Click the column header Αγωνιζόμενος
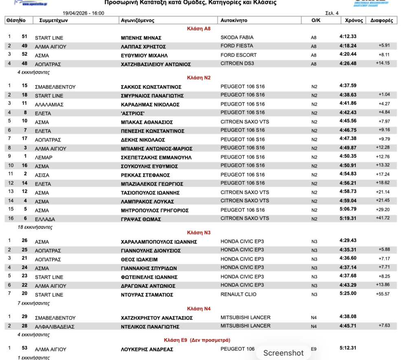pyautogui.click(x=138, y=20)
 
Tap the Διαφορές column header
pyautogui.click(x=382, y=20)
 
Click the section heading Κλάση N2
pyautogui.click(x=199, y=77)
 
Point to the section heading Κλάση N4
pyautogui.click(x=199, y=309)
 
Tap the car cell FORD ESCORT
pyautogui.click(x=239, y=55)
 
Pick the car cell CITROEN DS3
pyautogui.click(x=239, y=64)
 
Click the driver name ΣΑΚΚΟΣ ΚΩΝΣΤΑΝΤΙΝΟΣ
pyautogui.click(x=151, y=87)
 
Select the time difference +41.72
pyautogui.click(x=383, y=219)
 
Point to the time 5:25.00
pyautogui.click(x=348, y=293)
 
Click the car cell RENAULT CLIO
pyautogui.click(x=240, y=294)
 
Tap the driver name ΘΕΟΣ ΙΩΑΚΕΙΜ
pyautogui.click(x=139, y=259)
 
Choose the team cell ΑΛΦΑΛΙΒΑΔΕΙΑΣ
pyautogui.click(x=55, y=327)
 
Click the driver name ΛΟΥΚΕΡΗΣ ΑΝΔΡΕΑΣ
pyautogui.click(x=147, y=349)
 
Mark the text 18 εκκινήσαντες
pyautogui.click(x=35, y=227)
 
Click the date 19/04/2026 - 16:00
pyautogui.click(x=83, y=13)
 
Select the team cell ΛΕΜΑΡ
pyautogui.click(x=43, y=157)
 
